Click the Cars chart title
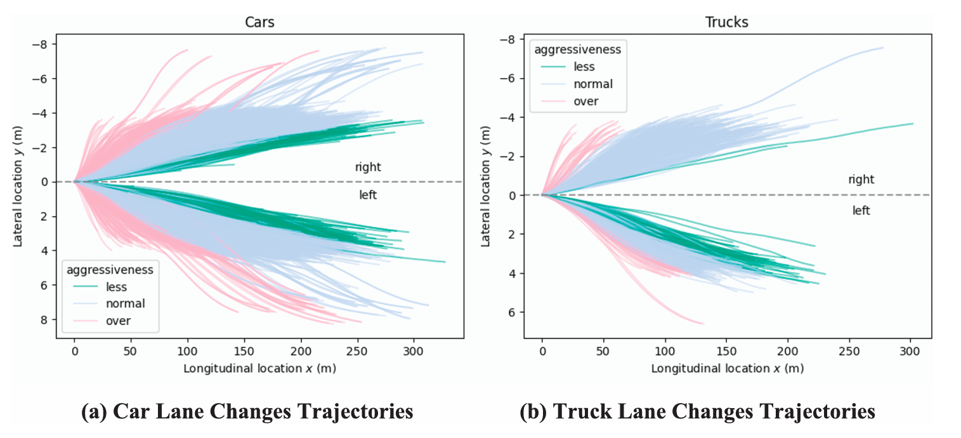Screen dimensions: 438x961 260,22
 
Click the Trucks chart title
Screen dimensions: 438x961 727,22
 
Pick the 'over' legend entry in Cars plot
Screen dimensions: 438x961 119,321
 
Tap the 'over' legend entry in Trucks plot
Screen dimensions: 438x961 585,101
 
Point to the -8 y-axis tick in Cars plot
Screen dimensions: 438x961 48,44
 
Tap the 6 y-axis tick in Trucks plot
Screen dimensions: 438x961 514,312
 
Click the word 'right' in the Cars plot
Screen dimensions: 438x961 368,168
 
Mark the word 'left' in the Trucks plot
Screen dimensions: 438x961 861,211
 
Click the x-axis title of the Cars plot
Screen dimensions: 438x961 259,368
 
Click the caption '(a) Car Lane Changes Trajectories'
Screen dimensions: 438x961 247,412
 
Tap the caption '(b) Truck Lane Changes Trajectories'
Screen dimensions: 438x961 698,412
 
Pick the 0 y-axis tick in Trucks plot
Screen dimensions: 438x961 514,195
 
